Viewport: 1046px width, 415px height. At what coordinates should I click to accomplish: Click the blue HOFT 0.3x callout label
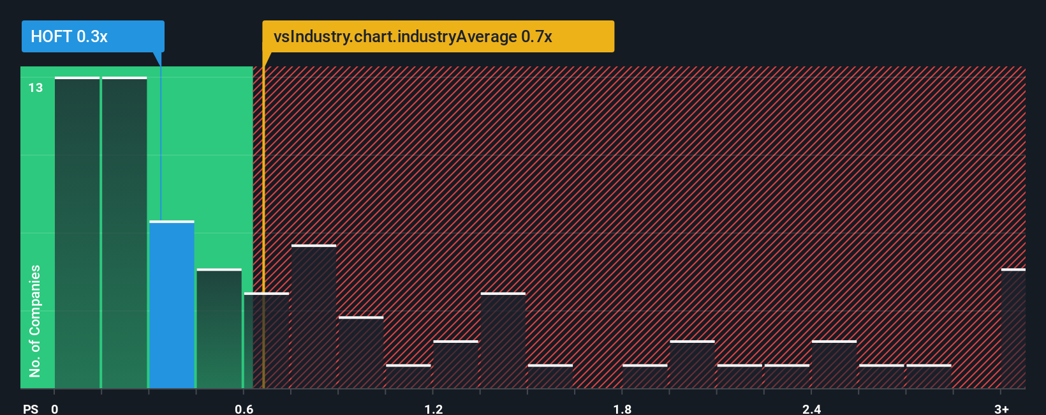pos(92,36)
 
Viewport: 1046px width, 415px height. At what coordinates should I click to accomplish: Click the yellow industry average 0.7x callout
pos(438,36)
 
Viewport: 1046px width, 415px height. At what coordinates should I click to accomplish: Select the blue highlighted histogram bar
pos(172,305)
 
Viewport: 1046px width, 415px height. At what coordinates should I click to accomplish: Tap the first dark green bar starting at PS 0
pos(77,233)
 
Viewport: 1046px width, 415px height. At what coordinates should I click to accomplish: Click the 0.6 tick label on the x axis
pos(244,409)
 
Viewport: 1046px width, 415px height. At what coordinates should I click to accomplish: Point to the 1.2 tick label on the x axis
pos(433,409)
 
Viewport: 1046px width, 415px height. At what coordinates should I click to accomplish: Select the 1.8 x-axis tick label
pos(622,409)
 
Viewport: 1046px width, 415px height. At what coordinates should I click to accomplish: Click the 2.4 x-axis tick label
pos(811,409)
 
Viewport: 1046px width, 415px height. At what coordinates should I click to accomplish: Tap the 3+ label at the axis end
pos(1001,409)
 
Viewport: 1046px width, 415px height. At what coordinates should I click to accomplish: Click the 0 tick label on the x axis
pos(55,409)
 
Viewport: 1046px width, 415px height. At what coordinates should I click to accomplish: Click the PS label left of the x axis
pos(31,409)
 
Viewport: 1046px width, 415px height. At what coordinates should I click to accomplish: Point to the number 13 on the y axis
pos(36,87)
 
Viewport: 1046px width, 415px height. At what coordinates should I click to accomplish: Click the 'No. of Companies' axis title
pos(34,321)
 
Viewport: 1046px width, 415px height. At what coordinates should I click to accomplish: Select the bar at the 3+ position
pos(1013,329)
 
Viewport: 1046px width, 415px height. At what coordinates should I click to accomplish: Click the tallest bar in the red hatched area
pos(314,317)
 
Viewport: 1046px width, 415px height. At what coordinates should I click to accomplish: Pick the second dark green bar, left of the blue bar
pos(124,233)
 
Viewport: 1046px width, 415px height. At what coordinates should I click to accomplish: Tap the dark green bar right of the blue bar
pos(219,329)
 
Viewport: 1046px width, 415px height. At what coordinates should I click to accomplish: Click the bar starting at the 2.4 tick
pos(834,365)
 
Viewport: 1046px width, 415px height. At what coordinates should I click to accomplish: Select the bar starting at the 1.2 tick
pos(455,365)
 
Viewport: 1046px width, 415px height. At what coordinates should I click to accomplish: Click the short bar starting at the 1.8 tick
pos(645,377)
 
